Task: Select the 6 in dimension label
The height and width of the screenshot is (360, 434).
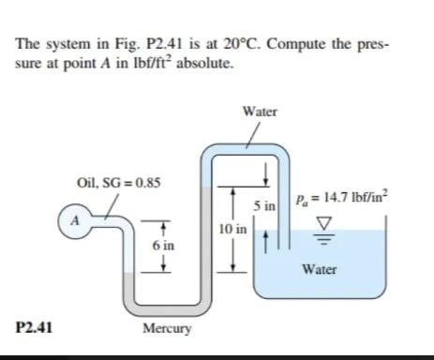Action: coord(163,245)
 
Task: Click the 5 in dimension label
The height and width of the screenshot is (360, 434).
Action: coord(262,203)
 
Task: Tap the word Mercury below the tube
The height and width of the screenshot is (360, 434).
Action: coord(167,329)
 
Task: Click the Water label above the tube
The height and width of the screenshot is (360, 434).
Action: coord(259,112)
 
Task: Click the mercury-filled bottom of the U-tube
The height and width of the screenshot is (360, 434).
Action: coord(165,307)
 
